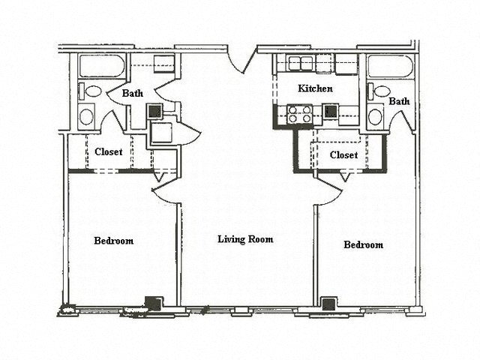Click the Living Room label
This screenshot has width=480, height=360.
244,240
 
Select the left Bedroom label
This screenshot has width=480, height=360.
114,241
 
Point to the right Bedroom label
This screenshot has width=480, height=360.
364,245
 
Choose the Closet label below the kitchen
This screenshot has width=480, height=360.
343,155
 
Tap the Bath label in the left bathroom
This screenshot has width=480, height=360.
133,94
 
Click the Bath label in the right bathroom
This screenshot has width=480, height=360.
399,101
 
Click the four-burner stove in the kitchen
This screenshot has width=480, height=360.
301,114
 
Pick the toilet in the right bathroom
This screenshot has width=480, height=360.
382,91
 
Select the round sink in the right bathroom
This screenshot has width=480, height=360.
376,117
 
